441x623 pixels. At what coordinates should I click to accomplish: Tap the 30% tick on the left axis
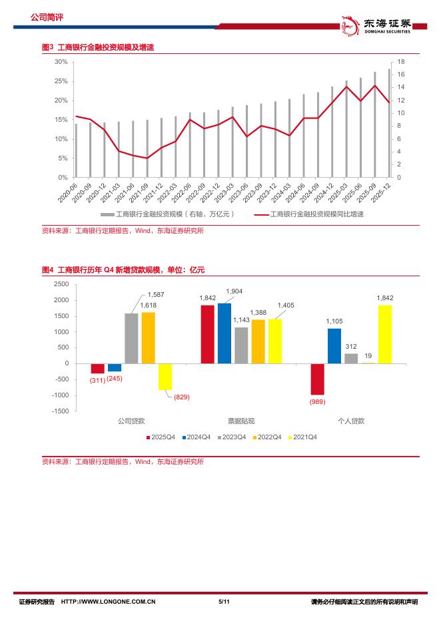61,61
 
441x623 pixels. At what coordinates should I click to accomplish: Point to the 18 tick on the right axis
401,61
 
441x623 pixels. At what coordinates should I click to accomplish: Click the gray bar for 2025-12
390,123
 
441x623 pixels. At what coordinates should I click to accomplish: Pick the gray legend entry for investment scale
167,214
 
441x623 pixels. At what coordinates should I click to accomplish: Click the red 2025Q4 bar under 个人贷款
317,379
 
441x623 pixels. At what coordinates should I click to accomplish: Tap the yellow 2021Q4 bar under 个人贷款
384,334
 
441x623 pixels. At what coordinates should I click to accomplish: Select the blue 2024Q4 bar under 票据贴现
224,333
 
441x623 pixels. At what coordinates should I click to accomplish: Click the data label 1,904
234,291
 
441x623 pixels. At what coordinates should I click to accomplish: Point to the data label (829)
182,397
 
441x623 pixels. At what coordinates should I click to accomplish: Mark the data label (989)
317,403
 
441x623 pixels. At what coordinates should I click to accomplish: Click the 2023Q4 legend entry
230,437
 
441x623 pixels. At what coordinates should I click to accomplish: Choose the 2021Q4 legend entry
301,437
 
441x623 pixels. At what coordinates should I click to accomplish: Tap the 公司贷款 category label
131,421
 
